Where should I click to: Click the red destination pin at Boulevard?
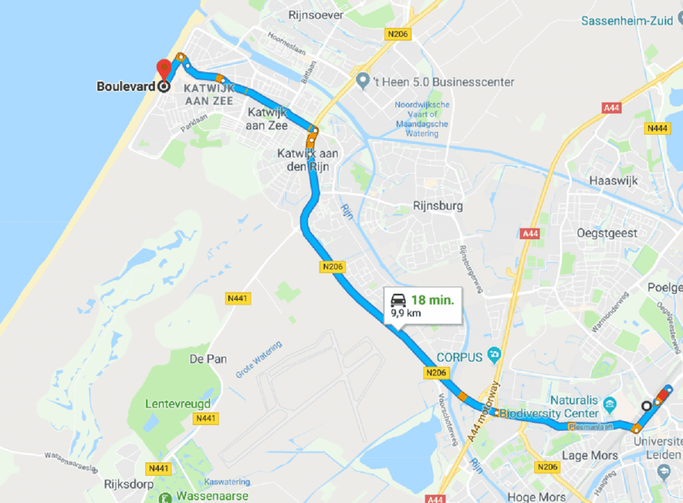[x=163, y=69]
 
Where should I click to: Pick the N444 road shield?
[x=656, y=129]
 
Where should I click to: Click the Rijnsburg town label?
[x=438, y=206]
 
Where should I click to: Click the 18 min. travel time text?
[x=432, y=300]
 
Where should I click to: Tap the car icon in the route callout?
[x=398, y=300]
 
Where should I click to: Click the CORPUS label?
[x=460, y=357]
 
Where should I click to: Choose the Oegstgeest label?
[x=609, y=233]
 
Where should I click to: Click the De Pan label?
[x=207, y=359]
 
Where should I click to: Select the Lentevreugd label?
[x=178, y=404]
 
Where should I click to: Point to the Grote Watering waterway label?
[x=259, y=360]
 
